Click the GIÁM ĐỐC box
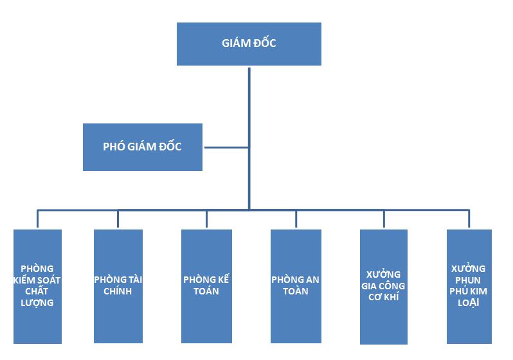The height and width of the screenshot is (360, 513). coord(249,44)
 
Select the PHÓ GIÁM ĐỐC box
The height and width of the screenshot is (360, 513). coord(142,147)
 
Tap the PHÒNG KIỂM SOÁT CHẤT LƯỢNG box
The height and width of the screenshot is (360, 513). coord(37,285)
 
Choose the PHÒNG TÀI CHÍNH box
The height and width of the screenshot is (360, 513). coord(118,285)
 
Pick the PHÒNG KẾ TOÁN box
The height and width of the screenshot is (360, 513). coord(206,285)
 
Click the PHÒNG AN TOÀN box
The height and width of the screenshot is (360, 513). coord(295,285)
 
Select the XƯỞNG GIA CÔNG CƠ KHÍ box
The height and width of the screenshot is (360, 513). coord(383,285)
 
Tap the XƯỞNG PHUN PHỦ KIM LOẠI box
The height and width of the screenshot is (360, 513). coord(469,285)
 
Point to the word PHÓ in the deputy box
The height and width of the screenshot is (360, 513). coord(113,147)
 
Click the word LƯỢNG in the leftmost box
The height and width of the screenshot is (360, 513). coord(37,303)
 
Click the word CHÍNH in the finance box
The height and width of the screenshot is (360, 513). coord(118,291)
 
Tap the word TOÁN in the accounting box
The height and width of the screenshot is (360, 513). coord(206,291)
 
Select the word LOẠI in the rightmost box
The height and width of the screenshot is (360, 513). coord(469,303)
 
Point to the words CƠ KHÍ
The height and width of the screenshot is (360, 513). coord(383,297)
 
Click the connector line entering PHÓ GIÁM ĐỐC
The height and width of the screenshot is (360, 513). coord(226,147)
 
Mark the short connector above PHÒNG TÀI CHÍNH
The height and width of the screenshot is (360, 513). coord(118,219)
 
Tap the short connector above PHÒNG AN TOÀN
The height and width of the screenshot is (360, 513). coord(296,219)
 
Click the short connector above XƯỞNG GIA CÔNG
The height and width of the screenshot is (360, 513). coord(384,219)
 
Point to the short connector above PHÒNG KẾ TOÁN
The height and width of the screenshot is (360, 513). coord(206,219)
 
